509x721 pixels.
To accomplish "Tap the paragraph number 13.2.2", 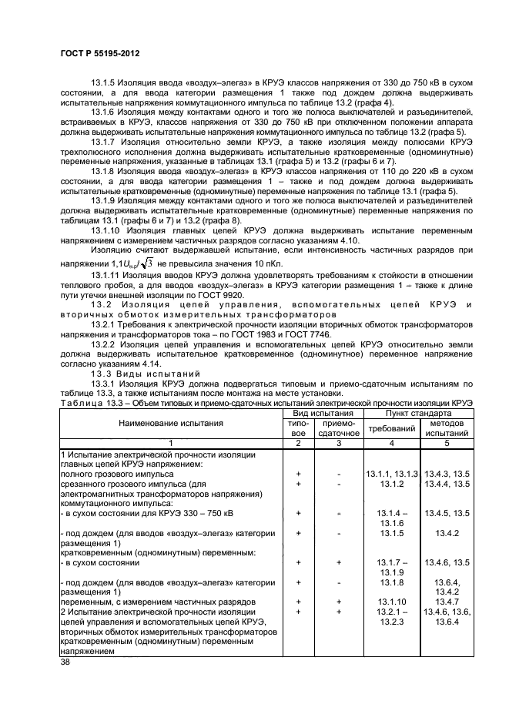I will pyautogui.click(x=105, y=344).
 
